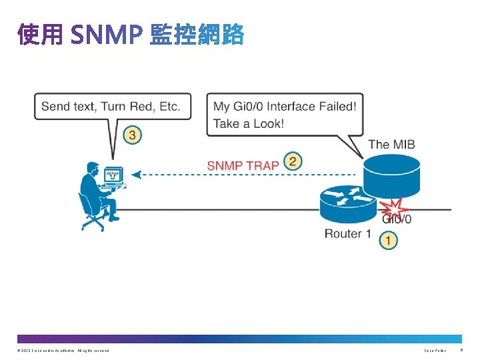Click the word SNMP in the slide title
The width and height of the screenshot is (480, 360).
tap(105, 35)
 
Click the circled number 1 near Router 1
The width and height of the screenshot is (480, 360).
tap(389, 240)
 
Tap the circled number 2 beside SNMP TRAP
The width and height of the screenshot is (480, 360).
tap(292, 161)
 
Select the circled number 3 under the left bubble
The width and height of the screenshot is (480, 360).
tap(133, 135)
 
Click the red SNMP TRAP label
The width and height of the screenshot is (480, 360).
tap(243, 165)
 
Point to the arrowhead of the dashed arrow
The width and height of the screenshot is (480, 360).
tap(135, 175)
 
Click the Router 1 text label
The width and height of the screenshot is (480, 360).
tap(347, 233)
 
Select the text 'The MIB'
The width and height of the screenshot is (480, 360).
tap(391, 144)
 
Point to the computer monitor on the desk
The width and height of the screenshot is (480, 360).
tap(113, 176)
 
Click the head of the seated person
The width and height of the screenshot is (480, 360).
tap(90, 167)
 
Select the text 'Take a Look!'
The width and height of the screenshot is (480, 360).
tap(248, 123)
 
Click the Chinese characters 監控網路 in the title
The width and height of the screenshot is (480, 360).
tap(197, 35)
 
